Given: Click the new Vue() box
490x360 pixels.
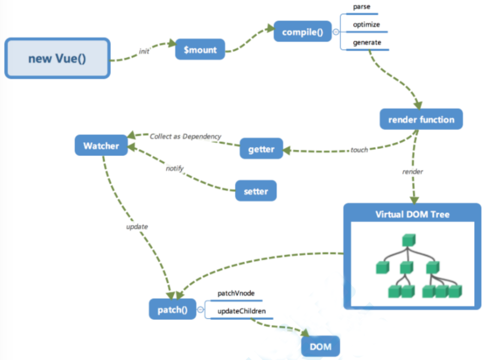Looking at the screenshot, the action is (x=57, y=58).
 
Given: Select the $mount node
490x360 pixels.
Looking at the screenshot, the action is (x=200, y=50).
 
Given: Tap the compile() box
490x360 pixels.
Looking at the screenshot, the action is (x=303, y=32).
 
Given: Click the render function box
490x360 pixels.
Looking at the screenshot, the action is (x=421, y=119).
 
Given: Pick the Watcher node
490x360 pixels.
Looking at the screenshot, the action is (x=101, y=145).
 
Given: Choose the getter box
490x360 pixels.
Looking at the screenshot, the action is (x=261, y=149).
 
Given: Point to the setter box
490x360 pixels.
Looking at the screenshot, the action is (x=256, y=191).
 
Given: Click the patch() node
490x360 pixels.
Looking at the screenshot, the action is (x=172, y=309).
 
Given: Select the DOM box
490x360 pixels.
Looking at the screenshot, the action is (x=320, y=346).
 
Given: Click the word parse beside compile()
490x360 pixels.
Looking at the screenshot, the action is (x=361, y=7).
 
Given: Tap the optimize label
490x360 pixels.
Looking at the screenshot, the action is (x=366, y=25).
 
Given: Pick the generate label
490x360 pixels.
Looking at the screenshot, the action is (x=367, y=42).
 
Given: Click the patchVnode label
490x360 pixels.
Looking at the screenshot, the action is (x=236, y=293).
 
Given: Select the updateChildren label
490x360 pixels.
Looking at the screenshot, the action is (x=241, y=311).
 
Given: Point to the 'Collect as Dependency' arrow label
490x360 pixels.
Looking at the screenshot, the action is (x=185, y=137).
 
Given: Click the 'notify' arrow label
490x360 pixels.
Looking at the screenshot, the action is (x=174, y=169).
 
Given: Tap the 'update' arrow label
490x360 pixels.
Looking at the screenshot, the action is (x=137, y=227).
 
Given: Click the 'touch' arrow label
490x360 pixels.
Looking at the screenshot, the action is (x=359, y=150).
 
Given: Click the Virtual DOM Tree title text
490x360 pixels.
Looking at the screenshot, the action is (x=413, y=214).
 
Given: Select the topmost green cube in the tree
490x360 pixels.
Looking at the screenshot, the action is (x=409, y=240).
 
